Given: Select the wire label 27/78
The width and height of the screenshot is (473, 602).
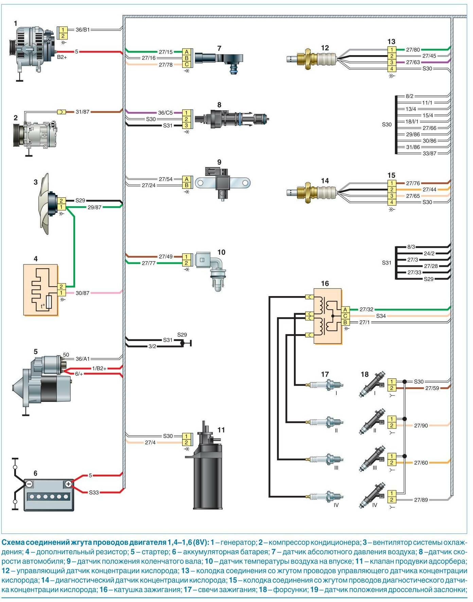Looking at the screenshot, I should coord(165,65).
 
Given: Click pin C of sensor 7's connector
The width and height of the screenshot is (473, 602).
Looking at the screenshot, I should coord(187,65).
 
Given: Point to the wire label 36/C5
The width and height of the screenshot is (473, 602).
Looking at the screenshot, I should coord(165,113).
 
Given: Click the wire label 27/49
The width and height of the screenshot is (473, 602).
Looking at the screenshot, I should coord(165,257).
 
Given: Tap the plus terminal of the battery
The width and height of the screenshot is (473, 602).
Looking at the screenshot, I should coord(68,484).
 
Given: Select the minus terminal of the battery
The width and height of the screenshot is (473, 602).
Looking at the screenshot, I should coord(29,484).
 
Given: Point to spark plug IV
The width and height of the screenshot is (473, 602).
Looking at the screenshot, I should coord(326,497).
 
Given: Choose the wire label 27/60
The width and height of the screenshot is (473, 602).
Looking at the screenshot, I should coord(421,463).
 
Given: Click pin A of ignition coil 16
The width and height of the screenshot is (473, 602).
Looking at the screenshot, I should coord(345,310).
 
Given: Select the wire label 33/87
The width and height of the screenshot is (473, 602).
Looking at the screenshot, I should coord(429,153).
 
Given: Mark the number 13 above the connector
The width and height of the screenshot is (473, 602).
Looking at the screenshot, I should coord(391,42).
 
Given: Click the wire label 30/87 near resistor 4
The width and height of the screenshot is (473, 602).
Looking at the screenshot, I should coord(82,293).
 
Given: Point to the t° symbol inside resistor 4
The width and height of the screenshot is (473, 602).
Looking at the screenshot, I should coord(43,306).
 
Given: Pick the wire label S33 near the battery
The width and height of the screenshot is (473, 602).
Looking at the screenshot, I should coord(94,492).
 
